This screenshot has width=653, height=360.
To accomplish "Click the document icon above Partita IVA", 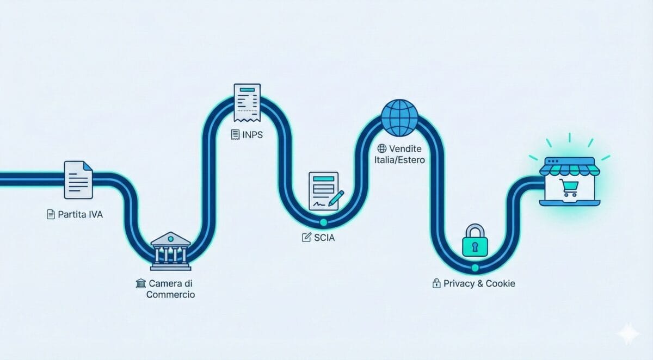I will [x=78, y=179].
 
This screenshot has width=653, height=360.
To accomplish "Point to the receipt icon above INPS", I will [x=247, y=102].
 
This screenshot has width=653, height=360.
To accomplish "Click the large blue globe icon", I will [x=400, y=117].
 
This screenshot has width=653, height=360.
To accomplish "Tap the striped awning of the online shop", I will [x=569, y=166].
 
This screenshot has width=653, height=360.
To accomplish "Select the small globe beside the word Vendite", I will [x=381, y=148].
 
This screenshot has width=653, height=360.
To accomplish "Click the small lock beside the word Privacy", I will [x=436, y=283].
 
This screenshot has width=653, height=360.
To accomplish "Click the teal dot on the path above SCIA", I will [x=324, y=222].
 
